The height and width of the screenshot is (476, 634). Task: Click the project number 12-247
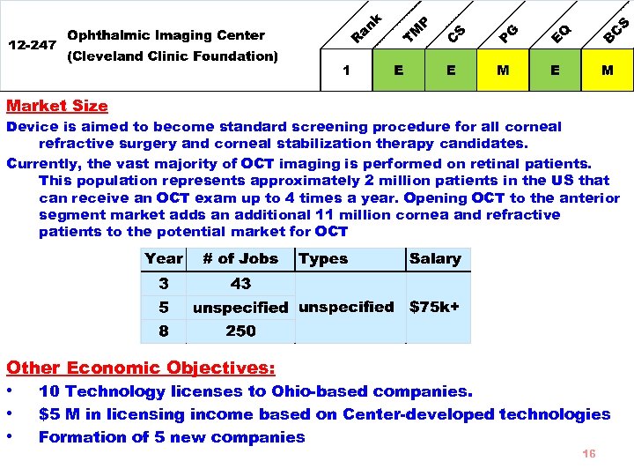32,44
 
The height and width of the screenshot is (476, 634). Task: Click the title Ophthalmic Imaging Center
166,35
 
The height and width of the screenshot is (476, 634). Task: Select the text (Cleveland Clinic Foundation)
173,56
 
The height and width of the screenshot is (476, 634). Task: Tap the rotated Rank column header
366,28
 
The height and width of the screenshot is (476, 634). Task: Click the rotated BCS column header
616,29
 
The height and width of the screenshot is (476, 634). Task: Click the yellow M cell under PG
503,71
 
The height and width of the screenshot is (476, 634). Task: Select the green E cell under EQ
555,71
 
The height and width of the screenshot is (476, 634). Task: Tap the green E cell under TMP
400,71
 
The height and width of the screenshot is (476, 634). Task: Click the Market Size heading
57,106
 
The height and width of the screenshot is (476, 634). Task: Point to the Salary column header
435,259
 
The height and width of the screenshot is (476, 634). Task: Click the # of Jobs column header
240,259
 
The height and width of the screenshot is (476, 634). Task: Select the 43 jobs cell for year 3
240,284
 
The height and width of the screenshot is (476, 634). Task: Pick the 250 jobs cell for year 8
240,331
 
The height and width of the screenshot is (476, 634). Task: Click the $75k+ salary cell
435,307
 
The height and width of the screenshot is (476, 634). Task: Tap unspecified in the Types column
346,307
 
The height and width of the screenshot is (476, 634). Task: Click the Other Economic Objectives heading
141,368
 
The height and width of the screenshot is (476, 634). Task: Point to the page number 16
589,453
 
